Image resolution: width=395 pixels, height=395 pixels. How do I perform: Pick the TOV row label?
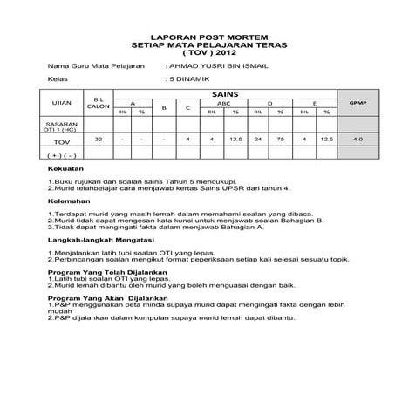pyautogui.click(x=61, y=140)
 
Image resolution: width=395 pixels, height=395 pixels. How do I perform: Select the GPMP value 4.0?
pyautogui.click(x=356, y=139)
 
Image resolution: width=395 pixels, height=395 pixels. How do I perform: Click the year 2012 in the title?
pyautogui.click(x=215, y=53)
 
